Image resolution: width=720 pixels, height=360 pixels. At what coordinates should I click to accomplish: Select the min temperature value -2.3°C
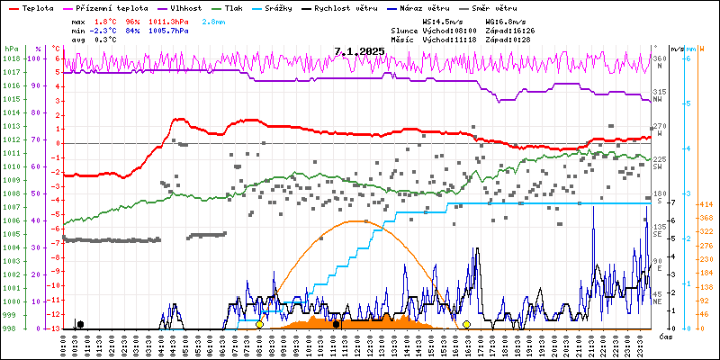pyautogui.click(x=102, y=30)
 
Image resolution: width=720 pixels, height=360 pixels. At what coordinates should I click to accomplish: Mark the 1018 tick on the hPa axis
pyautogui.click(x=10, y=58)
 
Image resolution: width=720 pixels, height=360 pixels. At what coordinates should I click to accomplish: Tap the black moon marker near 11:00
pyautogui.click(x=336, y=324)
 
